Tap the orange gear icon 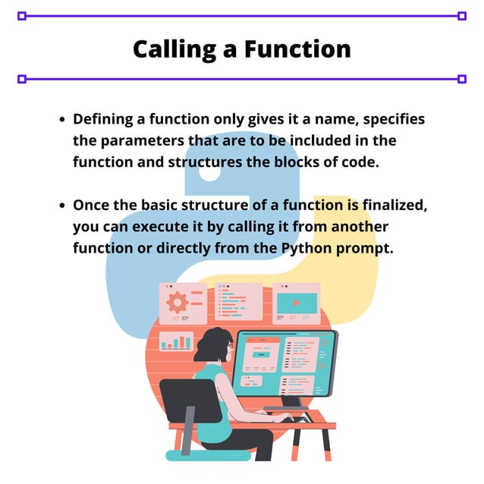[178, 302]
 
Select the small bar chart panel [176, 342]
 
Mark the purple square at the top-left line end [21, 15]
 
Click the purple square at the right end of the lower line [462, 79]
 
